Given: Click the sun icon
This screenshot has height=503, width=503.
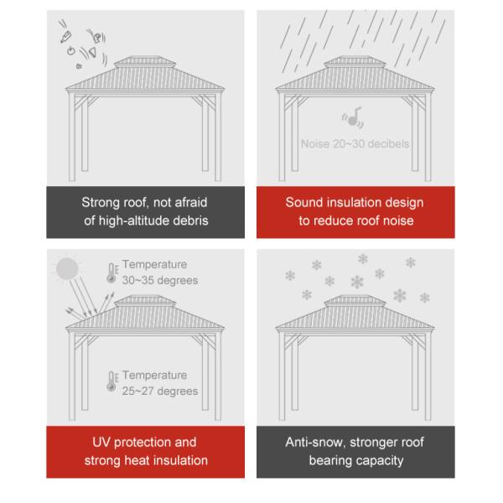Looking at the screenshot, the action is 67,268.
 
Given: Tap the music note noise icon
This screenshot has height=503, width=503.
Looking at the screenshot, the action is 353,117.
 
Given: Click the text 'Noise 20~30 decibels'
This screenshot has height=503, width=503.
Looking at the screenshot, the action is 355,144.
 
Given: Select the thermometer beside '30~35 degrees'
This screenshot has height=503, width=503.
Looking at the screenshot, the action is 112,273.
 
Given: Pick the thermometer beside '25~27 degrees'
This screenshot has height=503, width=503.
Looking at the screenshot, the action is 112,381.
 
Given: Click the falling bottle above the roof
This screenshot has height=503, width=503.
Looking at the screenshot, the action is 66,37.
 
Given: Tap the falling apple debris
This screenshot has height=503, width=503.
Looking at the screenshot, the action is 70,50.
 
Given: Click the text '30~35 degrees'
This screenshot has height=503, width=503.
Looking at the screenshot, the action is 160,280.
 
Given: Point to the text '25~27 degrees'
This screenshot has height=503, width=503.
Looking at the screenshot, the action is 160,391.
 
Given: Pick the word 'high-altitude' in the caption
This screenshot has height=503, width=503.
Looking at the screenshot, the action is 134,220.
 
